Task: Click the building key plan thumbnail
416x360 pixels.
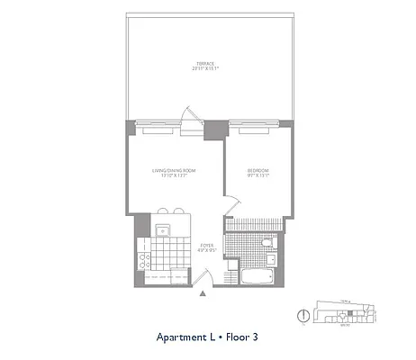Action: (x=342, y=314)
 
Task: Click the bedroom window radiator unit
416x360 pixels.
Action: (x=257, y=130)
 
